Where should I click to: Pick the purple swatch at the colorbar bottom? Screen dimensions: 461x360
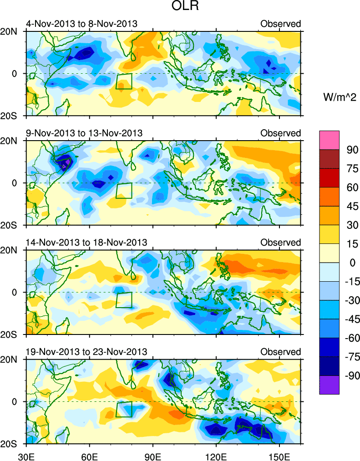pos(329,385)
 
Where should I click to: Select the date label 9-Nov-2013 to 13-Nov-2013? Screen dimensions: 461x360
pos(84,133)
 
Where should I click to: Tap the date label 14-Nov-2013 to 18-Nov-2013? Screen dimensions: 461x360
pos(86,242)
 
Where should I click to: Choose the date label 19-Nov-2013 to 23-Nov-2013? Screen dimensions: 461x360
pos(86,352)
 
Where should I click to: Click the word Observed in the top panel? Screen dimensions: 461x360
pos(280,24)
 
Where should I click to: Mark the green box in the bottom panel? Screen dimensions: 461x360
pos(124,409)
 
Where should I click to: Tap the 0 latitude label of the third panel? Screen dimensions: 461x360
pos(15,292)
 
